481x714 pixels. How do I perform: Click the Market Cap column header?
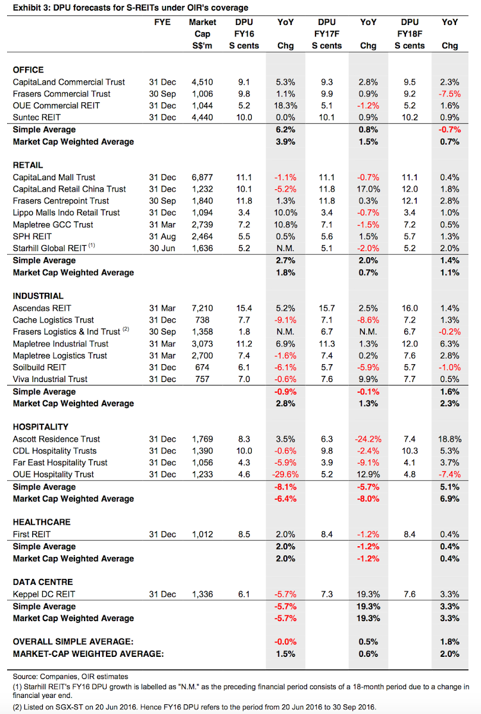tap(202, 34)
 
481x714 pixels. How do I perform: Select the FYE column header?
tap(163, 22)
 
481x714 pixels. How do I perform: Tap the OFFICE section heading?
tap(29, 70)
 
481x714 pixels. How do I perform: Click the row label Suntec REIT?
tap(37, 117)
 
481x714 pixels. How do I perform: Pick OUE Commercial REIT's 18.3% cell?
tap(286, 105)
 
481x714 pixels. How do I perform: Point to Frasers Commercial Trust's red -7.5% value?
tap(449, 94)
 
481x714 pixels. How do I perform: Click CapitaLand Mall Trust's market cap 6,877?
tap(202, 177)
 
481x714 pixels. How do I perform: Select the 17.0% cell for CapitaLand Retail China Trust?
tap(368, 189)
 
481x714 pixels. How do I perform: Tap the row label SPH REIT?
tap(32, 237)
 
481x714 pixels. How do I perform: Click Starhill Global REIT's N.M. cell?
tap(286, 248)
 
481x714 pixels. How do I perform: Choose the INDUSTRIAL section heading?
tap(38, 296)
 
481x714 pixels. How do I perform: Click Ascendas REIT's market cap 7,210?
tap(202, 308)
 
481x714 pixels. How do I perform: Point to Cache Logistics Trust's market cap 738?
tap(202, 320)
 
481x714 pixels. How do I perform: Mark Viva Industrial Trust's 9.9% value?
tap(368, 379)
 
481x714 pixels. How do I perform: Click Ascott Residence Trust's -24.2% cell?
tap(368, 439)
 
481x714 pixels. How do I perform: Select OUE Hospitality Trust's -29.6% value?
tap(286, 474)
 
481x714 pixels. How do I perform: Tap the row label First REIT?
tap(32, 534)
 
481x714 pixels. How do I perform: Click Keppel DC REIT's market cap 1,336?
tap(202, 594)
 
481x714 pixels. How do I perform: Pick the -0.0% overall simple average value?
tap(286, 641)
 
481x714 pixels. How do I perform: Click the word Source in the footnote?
tap(24, 677)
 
